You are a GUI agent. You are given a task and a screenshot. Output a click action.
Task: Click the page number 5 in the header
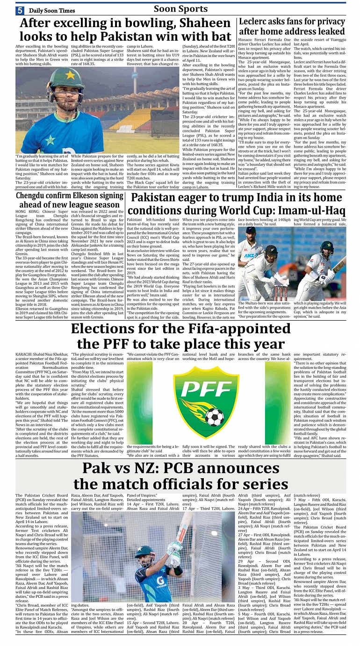(x=20, y=10)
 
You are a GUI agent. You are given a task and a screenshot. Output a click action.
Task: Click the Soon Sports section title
(x=180, y=9)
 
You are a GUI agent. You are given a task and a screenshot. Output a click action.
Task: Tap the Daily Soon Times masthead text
(x=51, y=10)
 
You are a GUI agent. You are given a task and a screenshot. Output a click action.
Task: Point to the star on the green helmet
(x=70, y=75)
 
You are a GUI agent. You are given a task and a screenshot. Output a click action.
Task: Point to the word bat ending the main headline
(x=219, y=37)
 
